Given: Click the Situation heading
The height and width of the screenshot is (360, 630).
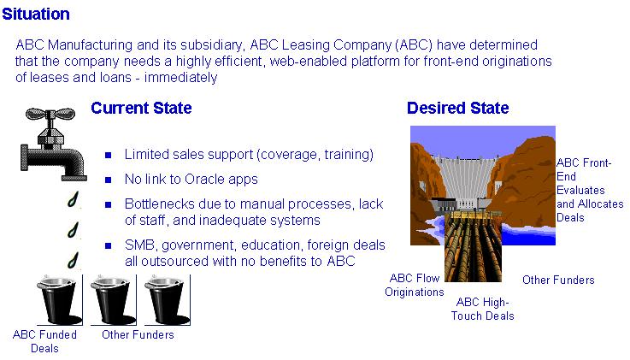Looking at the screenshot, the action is pyautogui.click(x=36, y=14).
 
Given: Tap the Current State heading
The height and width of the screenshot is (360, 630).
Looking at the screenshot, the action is pyautogui.click(x=141, y=108).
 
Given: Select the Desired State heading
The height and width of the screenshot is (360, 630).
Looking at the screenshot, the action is pyautogui.click(x=458, y=108).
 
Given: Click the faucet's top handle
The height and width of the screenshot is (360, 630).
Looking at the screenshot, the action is pyautogui.click(x=50, y=114).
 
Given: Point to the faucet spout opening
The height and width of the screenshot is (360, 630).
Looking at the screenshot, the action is pyautogui.click(x=74, y=177).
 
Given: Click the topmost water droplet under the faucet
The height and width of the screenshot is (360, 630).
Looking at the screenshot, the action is pyautogui.click(x=74, y=199).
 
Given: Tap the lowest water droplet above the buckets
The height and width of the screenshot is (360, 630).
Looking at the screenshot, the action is pyautogui.click(x=74, y=260).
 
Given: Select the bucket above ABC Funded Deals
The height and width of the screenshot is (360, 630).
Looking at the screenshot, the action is pyautogui.click(x=59, y=300).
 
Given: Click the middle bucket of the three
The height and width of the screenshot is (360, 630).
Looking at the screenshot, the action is pyautogui.click(x=114, y=300).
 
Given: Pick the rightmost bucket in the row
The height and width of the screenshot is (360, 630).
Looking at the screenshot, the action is pyautogui.click(x=168, y=300).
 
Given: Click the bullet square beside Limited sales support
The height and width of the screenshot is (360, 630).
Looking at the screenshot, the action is pyautogui.click(x=108, y=155).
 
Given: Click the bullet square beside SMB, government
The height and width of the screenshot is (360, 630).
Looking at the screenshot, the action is pyautogui.click(x=108, y=245).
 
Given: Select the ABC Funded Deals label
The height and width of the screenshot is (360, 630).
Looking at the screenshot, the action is pyautogui.click(x=44, y=341).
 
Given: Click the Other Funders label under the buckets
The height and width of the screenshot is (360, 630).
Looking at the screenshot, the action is pyautogui.click(x=138, y=334).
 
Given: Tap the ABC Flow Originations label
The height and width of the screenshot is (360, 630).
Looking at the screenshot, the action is pyautogui.click(x=415, y=285).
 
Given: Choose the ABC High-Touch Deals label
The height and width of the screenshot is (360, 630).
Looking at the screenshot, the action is pyautogui.click(x=483, y=309).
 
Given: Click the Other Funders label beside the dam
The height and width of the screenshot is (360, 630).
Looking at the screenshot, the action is pyautogui.click(x=558, y=280).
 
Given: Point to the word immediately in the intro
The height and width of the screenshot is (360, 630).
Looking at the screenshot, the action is pyautogui.click(x=181, y=77).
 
